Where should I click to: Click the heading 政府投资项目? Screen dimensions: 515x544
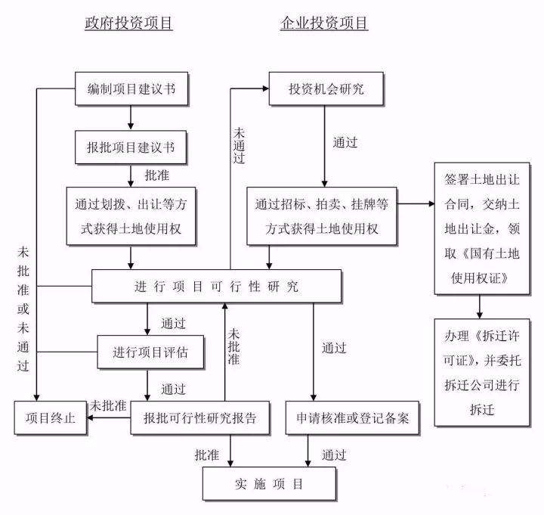pos(128,23)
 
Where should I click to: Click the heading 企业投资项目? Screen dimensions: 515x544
pos(323,23)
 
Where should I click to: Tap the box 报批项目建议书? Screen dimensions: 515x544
pos(131,147)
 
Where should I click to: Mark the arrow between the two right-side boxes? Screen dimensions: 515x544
pos(479,306)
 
